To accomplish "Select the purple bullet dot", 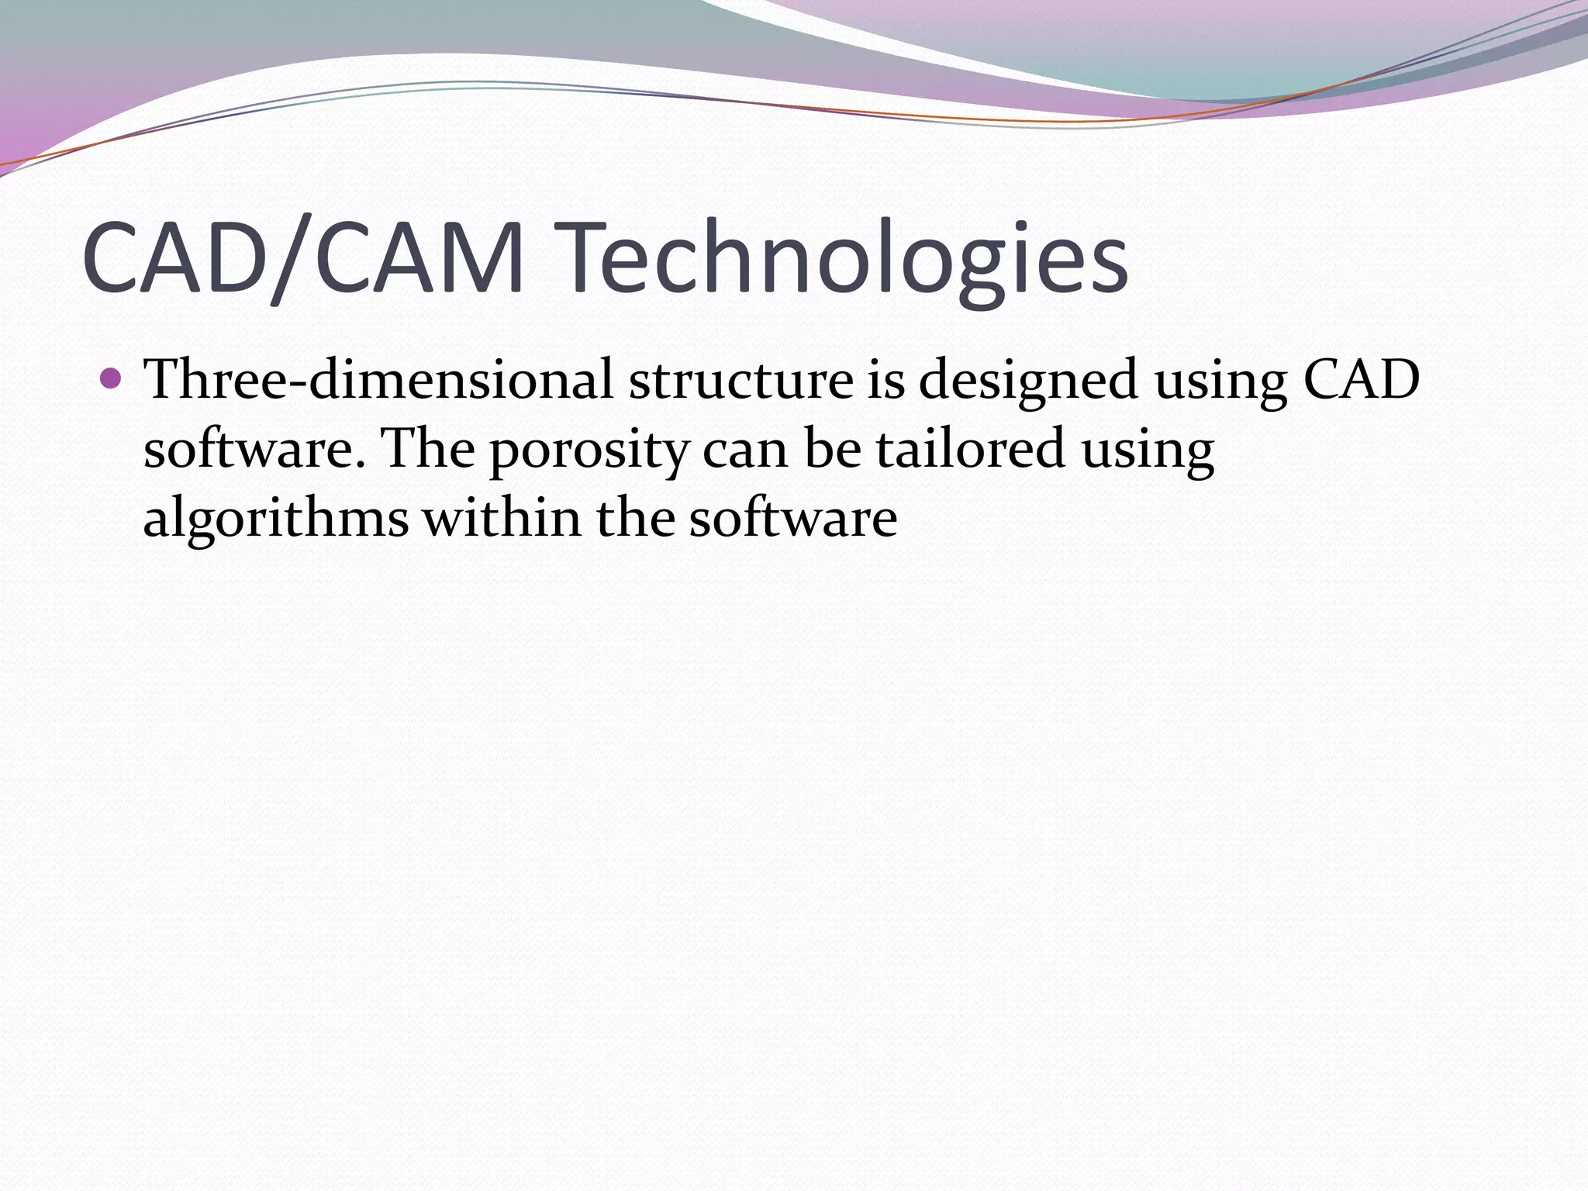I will click(x=112, y=379).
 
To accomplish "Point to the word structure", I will click(x=740, y=380).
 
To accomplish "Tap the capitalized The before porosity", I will click(x=429, y=449).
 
